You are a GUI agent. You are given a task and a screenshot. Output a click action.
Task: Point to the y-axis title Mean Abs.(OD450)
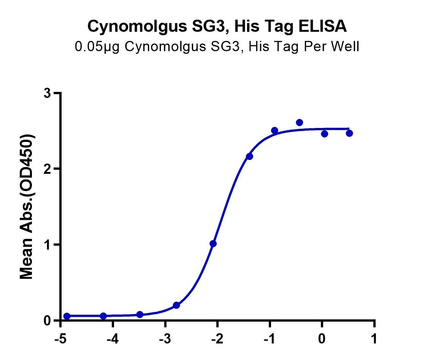point(27,207)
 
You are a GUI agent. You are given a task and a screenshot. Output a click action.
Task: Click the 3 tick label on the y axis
point(48,93)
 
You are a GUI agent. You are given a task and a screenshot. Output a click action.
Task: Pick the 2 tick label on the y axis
point(48,169)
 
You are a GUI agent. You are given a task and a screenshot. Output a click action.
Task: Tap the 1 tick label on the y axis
point(48,245)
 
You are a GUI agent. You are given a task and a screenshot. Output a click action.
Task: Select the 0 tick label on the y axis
point(48,321)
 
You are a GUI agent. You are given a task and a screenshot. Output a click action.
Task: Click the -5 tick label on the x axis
point(60,339)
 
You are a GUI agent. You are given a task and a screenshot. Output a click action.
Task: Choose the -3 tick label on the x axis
point(165,339)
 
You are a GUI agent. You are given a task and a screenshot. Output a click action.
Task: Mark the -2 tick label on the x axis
point(217,339)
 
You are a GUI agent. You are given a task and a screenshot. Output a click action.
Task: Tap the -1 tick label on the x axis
point(270,339)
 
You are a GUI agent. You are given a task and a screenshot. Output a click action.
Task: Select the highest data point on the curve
point(300,123)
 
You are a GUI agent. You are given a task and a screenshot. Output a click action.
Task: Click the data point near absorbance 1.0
point(213,243)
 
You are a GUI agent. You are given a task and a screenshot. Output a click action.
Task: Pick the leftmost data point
point(67,316)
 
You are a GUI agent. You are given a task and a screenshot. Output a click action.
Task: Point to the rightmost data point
point(349,133)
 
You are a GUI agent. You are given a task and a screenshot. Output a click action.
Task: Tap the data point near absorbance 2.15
point(249,156)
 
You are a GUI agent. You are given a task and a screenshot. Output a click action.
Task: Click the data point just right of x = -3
point(176,305)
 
